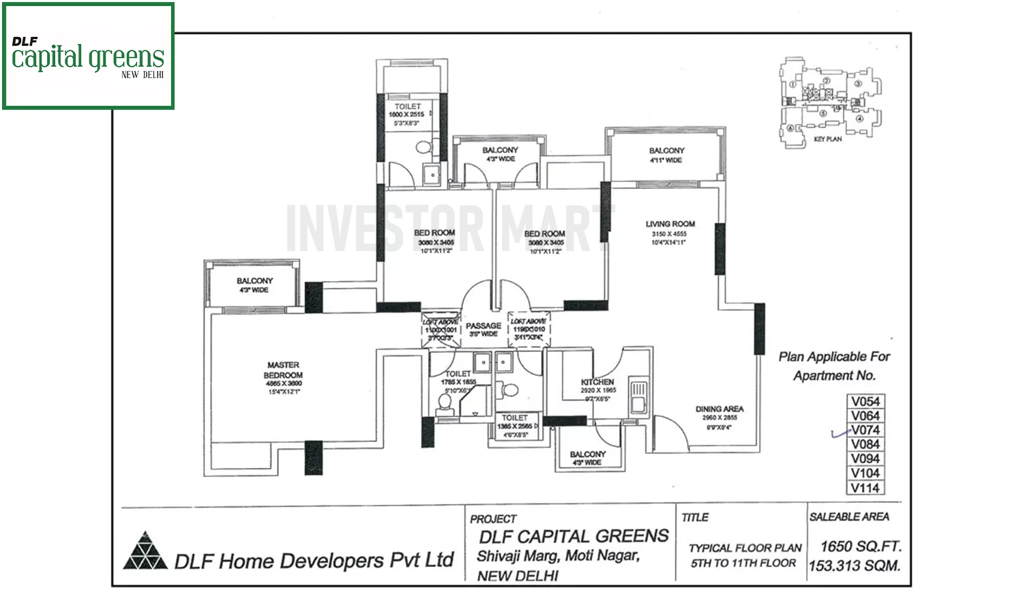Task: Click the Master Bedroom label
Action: [283, 370]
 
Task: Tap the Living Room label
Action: [670, 224]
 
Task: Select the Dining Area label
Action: [719, 409]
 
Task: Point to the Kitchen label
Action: [597, 382]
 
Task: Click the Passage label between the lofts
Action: [483, 326]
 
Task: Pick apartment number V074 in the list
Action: [865, 430]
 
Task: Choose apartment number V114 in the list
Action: [865, 488]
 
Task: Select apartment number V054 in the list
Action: [865, 402]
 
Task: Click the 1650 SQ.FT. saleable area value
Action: [861, 546]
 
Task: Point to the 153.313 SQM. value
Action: [854, 566]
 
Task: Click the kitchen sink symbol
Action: [638, 396]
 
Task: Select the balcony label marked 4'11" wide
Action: [666, 151]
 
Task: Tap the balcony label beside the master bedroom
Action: [254, 281]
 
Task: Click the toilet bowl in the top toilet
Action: [424, 147]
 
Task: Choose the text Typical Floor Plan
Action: [745, 548]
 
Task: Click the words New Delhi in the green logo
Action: [143, 75]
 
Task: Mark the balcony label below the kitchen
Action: [587, 454]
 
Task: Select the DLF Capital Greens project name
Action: [573, 536]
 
